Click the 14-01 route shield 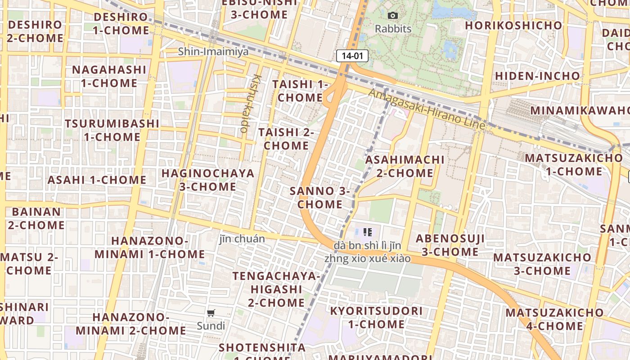click(x=352, y=56)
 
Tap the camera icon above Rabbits click(x=393, y=16)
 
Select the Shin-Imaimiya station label click(x=213, y=51)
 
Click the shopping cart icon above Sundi click(x=211, y=313)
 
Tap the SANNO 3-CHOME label click(x=320, y=198)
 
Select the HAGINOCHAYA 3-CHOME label click(x=208, y=180)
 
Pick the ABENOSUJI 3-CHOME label click(x=450, y=245)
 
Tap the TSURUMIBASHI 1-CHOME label click(x=112, y=130)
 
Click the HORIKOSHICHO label click(x=513, y=25)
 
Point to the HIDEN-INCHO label click(x=537, y=76)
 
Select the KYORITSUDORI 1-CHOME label click(x=376, y=317)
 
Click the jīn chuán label click(x=242, y=238)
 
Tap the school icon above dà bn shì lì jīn click(x=368, y=232)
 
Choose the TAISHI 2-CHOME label click(x=286, y=139)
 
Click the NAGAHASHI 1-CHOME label click(x=109, y=76)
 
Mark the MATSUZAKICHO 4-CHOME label click(x=554, y=319)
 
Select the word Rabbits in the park click(x=393, y=29)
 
